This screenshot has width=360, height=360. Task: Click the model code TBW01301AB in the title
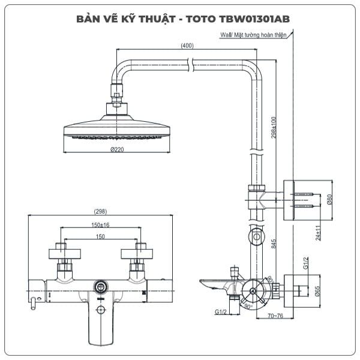coord(254,19)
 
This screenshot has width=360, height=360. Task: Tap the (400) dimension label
coord(187,46)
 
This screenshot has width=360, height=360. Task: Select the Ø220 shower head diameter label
coord(117,149)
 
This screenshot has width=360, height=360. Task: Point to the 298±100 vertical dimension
coord(274,127)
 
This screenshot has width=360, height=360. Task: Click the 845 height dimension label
coord(274,244)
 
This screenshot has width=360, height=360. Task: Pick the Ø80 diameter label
coord(329,200)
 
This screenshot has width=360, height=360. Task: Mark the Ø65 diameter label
coord(317,291)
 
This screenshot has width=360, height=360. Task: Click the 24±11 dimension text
coord(318,233)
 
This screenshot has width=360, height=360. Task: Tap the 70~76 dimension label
coord(275,316)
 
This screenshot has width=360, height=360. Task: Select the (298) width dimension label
coord(100,211)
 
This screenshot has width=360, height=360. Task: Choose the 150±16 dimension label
coord(100,225)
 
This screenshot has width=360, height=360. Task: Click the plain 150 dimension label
coord(100,236)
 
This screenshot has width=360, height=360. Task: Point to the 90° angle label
coord(248,306)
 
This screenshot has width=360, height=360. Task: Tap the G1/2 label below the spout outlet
coord(221,312)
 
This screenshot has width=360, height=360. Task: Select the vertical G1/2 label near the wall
coord(305,263)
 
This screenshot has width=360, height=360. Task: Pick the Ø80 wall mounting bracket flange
coord(289,200)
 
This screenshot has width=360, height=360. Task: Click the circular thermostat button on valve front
coord(101,287)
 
